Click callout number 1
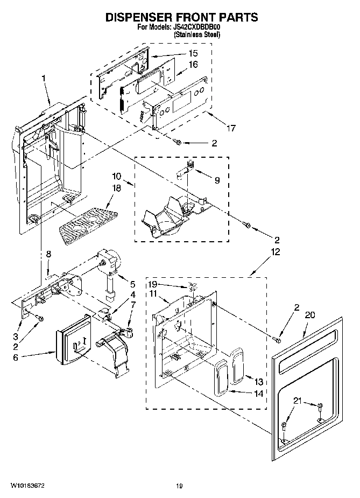44,78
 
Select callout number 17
231,128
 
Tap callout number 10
117,177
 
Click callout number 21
297,401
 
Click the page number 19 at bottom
180,486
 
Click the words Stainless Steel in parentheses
197,34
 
